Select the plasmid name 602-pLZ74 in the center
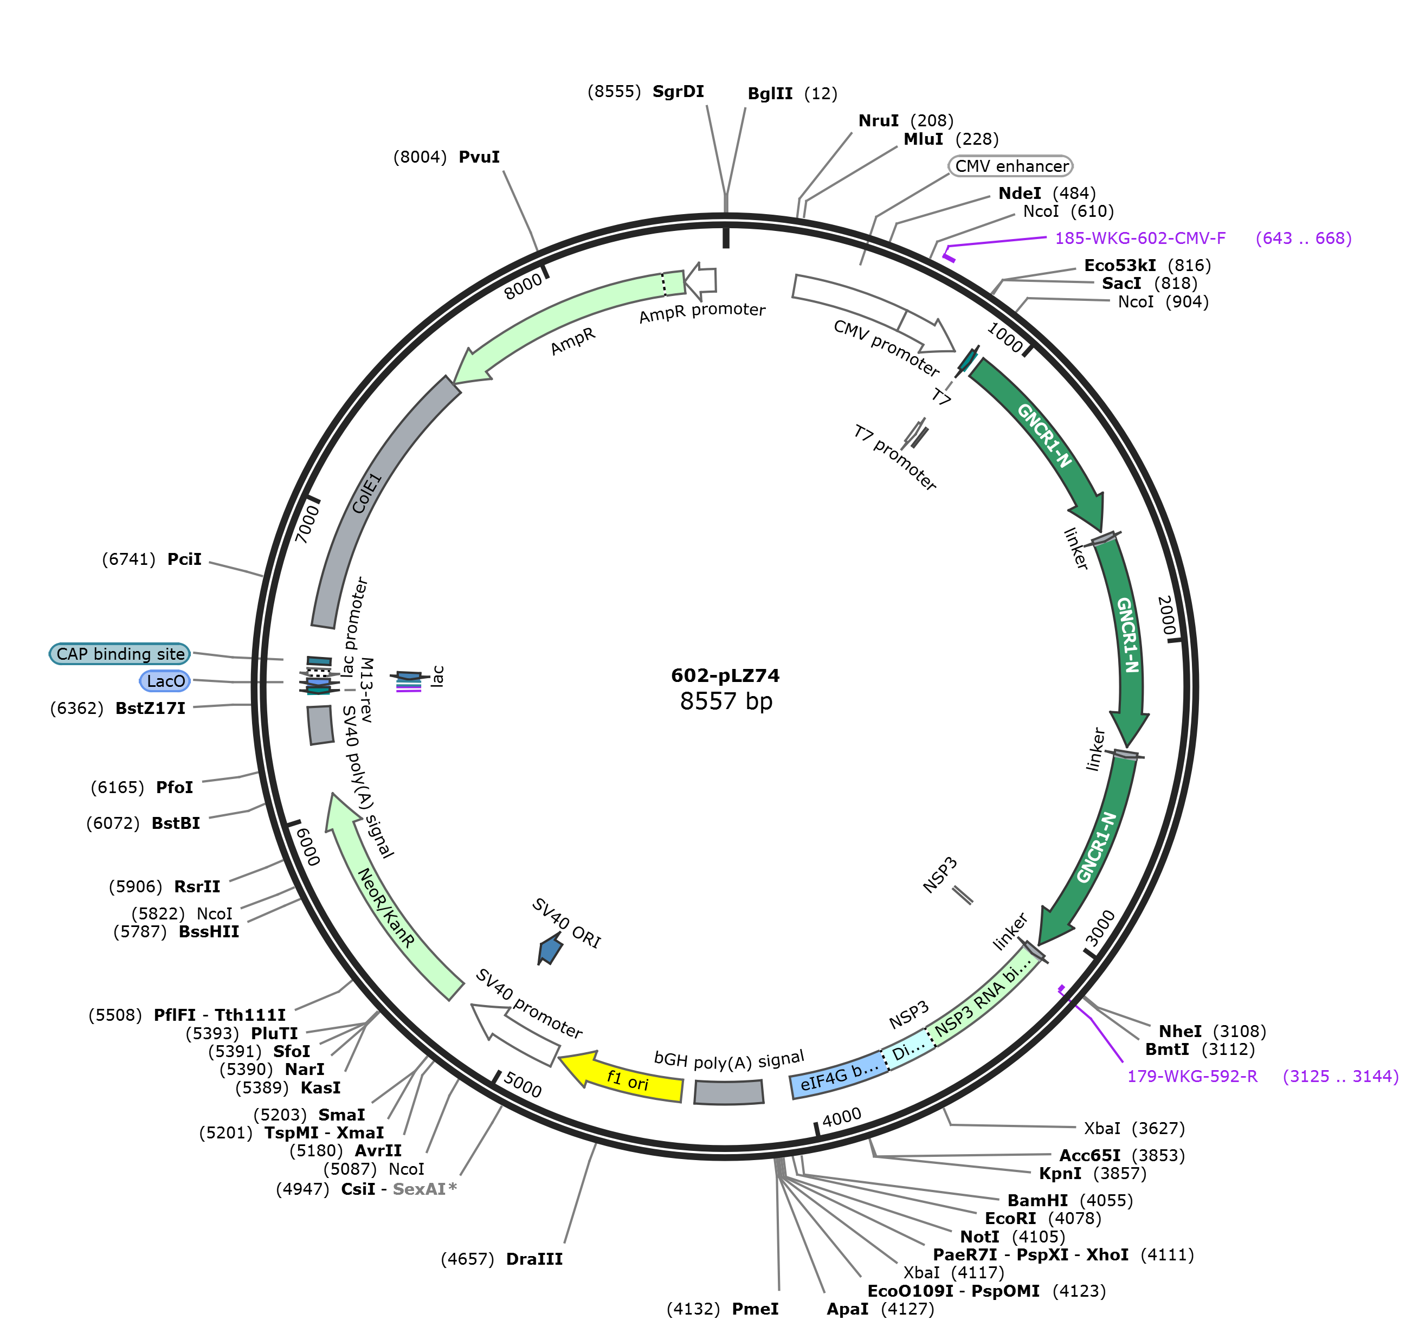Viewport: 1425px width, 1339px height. (725, 675)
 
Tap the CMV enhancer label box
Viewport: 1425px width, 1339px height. (1011, 166)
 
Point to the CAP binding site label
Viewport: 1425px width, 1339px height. (120, 654)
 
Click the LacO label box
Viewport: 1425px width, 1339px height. (165, 681)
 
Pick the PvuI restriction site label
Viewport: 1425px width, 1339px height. (479, 157)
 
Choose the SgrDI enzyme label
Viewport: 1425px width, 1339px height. (678, 92)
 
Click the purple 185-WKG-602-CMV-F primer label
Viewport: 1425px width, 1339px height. (1140, 238)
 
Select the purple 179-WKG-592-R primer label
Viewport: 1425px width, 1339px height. (1192, 1076)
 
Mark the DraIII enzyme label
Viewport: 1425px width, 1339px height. (534, 1259)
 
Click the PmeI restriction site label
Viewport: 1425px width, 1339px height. (755, 1309)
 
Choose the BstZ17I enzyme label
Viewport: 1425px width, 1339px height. (151, 708)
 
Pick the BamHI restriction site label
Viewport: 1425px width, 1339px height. (1037, 1200)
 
